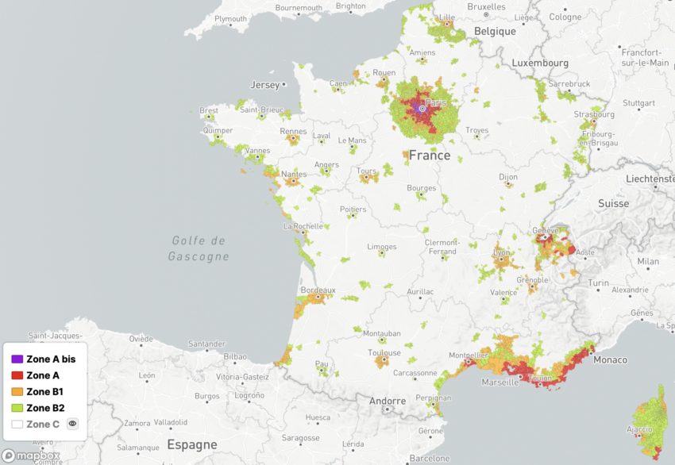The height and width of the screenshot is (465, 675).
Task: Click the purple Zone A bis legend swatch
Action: pos(17,359)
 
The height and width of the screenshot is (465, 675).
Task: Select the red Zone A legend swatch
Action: pos(17,375)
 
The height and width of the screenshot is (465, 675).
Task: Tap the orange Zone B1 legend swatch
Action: pos(17,392)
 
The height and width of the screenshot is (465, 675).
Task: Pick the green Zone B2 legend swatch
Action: pos(17,408)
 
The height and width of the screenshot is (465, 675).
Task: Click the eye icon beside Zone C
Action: pos(72,425)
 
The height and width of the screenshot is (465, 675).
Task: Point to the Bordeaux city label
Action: pos(318,290)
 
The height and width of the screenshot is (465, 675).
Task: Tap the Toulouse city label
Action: pos(384,352)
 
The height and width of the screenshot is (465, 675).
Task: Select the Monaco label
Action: pos(610,359)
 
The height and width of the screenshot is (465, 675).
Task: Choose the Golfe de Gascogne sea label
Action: pos(199,248)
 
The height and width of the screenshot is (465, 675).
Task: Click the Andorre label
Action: pos(388,401)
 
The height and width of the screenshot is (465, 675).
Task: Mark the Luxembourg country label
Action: pos(540,63)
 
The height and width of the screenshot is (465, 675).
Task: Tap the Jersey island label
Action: pos(265,85)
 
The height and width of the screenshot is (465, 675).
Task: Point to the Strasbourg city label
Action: pos(594,113)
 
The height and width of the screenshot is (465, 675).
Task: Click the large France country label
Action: pos(429,156)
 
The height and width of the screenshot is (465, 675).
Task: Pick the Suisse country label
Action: pos(613,203)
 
